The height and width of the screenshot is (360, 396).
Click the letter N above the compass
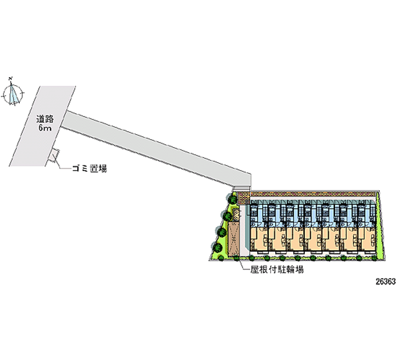pos(11,78)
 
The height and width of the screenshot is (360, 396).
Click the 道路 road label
pos(44,119)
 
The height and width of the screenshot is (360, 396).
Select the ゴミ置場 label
pos(90,168)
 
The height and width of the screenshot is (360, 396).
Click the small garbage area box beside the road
pos(55,154)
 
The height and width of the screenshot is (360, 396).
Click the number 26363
pos(382,280)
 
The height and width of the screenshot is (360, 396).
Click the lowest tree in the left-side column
pos(217,246)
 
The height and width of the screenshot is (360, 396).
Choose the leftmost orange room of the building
pos(258,241)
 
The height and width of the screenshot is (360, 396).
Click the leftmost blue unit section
pos(258,214)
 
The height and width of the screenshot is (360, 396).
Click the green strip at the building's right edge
pos(381,225)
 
